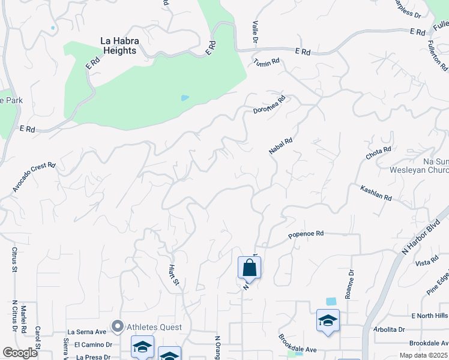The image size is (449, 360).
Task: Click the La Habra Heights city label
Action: pos(118,46)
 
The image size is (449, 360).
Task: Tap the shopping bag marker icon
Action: pos(249,268)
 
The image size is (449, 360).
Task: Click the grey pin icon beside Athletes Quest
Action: pos(118,327)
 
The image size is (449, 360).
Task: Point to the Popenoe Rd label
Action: pos(306,233)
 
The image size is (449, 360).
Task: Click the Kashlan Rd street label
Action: pos(376,193)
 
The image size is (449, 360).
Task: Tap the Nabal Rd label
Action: pos(280,146)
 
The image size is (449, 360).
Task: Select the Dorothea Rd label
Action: pos(268,105)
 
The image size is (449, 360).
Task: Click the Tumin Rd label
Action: pos(267,62)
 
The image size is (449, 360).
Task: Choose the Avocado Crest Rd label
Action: pos(34,177)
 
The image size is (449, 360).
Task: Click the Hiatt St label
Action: pos(173,275)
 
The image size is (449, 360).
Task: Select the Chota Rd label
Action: pos(378,153)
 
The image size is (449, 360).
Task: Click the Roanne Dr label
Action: pos(351,280)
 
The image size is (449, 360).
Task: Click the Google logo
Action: pos(20,352)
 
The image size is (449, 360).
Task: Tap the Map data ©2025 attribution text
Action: pos(424,355)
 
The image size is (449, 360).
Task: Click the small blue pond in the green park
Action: pos(184,98)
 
